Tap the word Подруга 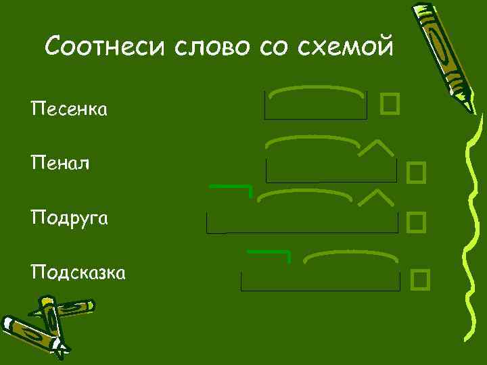click(70, 219)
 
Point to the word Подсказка click(77, 273)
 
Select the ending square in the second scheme click(416, 173)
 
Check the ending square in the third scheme click(416, 220)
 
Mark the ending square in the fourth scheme click(420, 278)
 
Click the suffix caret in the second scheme click(376, 149)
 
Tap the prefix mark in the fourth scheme click(270, 254)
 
